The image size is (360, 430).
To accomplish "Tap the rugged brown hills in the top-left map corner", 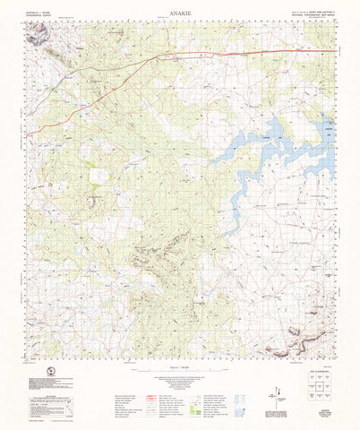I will [x=39, y=36].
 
